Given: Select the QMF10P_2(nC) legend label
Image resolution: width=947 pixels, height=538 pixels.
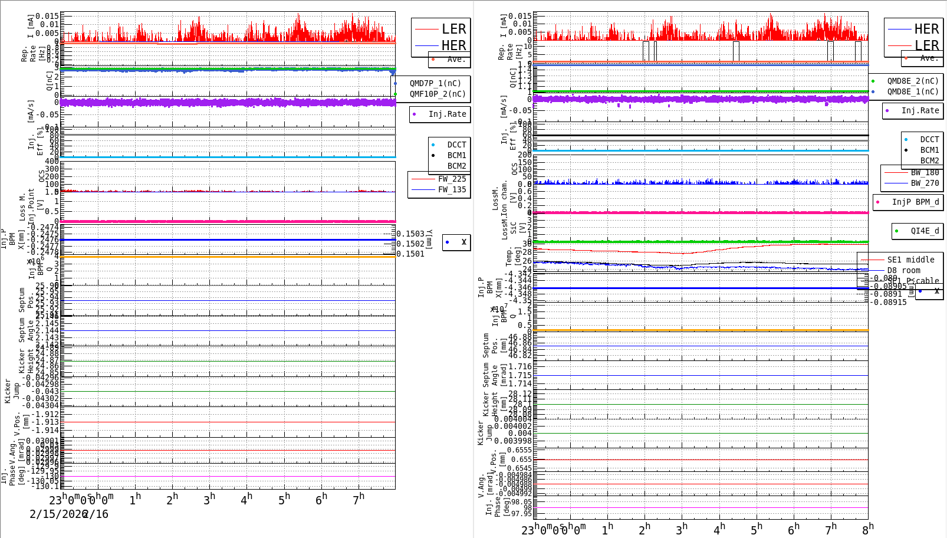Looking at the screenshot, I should coord(437,94).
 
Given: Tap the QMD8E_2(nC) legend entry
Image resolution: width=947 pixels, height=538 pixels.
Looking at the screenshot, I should coord(912,81).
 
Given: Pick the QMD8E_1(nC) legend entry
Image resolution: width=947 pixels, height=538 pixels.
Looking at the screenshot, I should coord(912,92).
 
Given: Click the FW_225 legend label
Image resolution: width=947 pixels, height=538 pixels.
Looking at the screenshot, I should coord(452,179).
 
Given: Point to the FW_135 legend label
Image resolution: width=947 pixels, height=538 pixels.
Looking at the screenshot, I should coord(452,190).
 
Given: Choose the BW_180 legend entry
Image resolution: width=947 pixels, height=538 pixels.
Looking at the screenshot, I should coord(925,173).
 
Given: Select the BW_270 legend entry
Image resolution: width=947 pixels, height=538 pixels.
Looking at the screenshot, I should coord(925,183).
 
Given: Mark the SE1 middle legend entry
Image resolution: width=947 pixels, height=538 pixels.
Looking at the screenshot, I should coord(910,260).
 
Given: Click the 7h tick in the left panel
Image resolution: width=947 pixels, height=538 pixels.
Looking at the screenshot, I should coord(359,499).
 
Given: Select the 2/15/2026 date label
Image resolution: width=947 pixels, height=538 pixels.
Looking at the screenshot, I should coord(58,514).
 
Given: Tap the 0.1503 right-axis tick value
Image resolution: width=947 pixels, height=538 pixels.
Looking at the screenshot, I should coord(410,234).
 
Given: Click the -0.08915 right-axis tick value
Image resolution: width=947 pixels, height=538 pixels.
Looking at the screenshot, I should coord(890,303).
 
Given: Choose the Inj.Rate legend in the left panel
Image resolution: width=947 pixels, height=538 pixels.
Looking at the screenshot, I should coord(447,114).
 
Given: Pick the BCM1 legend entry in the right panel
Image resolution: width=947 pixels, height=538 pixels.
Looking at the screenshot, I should coord(929,150).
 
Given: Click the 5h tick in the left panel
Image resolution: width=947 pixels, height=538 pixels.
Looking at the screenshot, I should coord(284,499).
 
